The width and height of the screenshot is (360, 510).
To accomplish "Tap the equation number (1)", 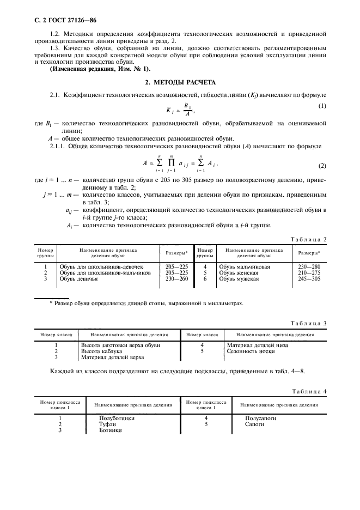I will tap(322, 105).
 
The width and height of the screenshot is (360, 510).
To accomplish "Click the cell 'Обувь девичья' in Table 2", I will tap(78, 279).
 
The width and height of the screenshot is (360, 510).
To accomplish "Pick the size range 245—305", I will tap(308, 279).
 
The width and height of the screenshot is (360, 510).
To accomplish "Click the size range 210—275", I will tap(308, 273).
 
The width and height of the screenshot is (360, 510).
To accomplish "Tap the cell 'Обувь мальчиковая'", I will tap(245, 267).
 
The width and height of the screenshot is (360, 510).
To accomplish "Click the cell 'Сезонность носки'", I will tap(250, 351).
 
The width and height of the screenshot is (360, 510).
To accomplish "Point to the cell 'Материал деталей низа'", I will tap(258, 345).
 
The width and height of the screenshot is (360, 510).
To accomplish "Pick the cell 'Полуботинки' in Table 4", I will tap(117, 418).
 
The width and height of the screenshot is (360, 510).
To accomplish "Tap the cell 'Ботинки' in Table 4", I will tap(111, 430).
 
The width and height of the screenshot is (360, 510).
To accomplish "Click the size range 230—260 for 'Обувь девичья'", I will tap(176, 279).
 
